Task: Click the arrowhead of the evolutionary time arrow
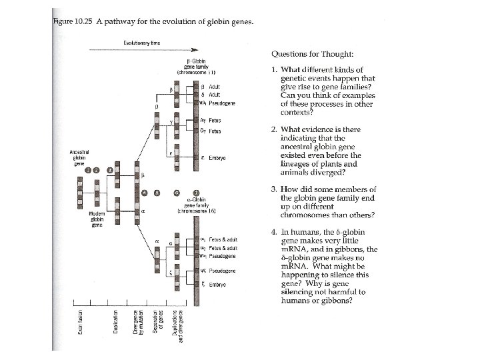point(195,49)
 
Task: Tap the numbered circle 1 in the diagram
point(87,169)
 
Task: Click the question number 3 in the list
point(274,189)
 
